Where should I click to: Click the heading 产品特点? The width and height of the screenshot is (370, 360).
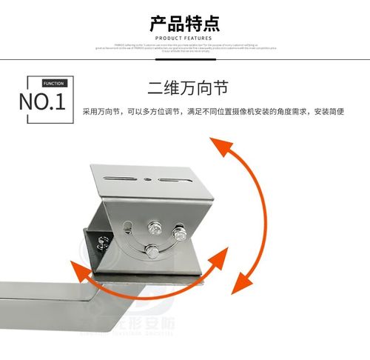(184, 22)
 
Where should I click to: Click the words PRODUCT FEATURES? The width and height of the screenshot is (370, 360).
(184, 38)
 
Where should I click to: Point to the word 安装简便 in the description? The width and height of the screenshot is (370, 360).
(329, 112)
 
